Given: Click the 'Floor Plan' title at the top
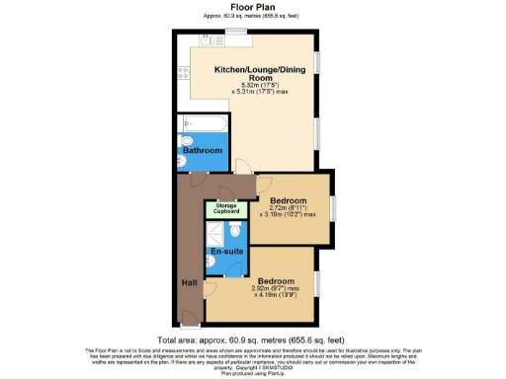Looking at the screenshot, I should point(252,7).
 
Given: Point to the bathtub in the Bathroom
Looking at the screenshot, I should point(203,126).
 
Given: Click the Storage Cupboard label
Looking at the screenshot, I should point(223,208).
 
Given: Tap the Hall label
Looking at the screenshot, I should point(189,281).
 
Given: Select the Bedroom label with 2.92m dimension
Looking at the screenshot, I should point(277,279).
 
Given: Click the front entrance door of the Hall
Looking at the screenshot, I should point(189,318).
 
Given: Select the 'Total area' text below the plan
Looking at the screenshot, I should point(252,338).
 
